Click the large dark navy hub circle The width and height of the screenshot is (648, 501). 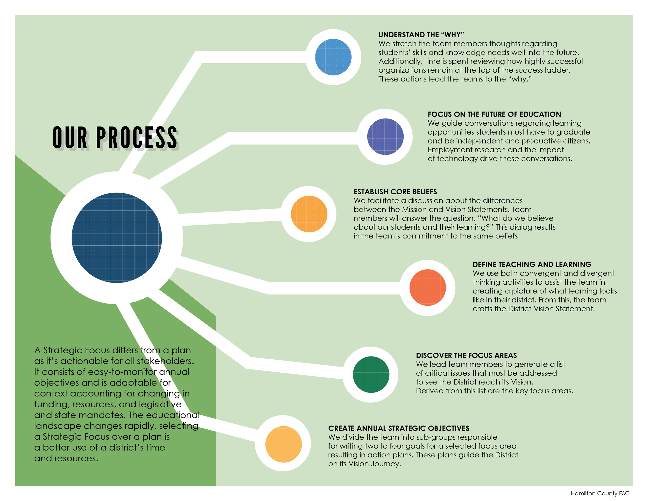(x=117, y=238)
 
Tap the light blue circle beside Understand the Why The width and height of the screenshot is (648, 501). (x=333, y=57)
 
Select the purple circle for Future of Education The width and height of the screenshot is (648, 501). (x=385, y=137)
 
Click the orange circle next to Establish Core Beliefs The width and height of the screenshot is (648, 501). (x=309, y=214)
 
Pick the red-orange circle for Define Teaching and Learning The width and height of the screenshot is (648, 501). (x=427, y=287)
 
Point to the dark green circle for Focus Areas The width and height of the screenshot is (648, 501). (x=371, y=374)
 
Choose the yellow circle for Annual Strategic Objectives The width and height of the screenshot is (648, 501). (x=283, y=444)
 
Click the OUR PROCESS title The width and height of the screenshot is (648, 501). (x=115, y=138)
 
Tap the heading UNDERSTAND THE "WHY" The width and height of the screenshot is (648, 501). (x=421, y=35)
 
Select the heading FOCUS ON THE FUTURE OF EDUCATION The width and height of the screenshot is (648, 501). (x=494, y=114)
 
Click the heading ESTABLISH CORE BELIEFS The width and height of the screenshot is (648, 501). (x=395, y=192)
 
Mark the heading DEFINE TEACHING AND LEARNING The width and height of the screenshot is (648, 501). (x=532, y=264)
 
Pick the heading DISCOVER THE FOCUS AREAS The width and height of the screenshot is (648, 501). (x=466, y=355)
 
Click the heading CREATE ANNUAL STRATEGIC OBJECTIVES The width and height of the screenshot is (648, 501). (x=398, y=428)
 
